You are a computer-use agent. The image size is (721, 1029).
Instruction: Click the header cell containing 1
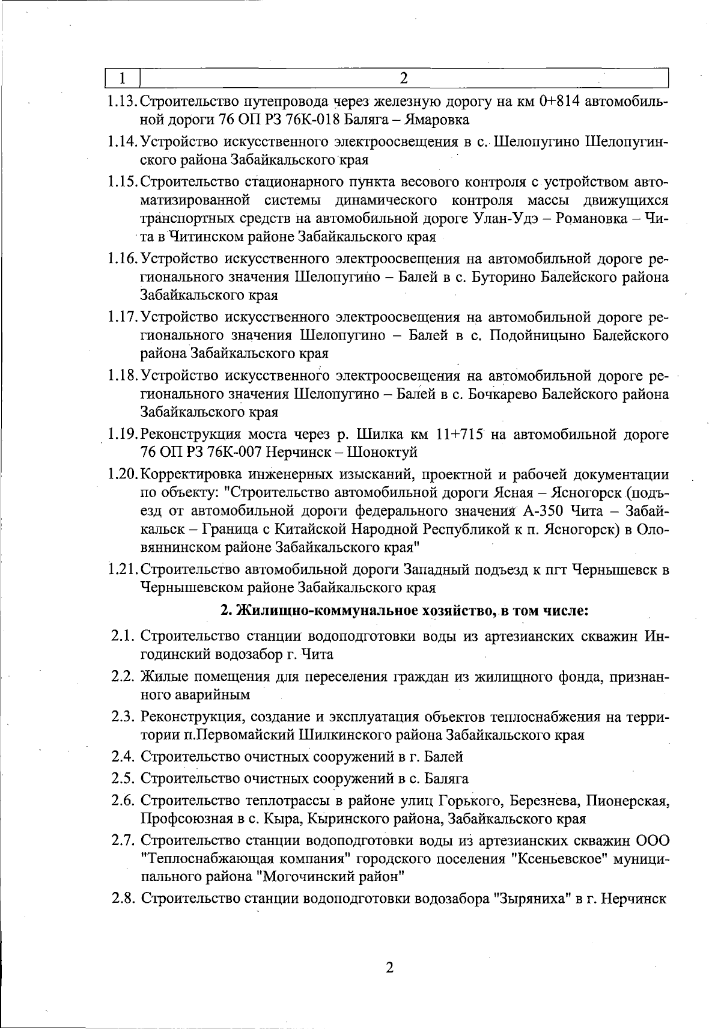[123, 78]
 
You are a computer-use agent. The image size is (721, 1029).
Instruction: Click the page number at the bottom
[389, 968]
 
